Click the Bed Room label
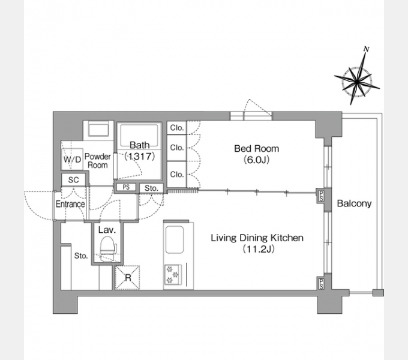[257, 149]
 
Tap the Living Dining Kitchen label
[257, 238]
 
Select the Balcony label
[354, 203]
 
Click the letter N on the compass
[367, 49]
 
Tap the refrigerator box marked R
[127, 278]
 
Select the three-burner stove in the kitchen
[173, 275]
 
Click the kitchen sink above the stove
[175, 239]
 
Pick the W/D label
[73, 159]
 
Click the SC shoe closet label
[74, 180]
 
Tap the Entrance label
[70, 204]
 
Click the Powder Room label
[98, 161]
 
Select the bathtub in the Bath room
[139, 136]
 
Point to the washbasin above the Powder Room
[98, 129]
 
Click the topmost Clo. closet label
[177, 128]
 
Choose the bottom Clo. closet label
[177, 174]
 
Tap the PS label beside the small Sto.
[126, 187]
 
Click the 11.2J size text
[259, 249]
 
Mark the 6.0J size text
[257, 160]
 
